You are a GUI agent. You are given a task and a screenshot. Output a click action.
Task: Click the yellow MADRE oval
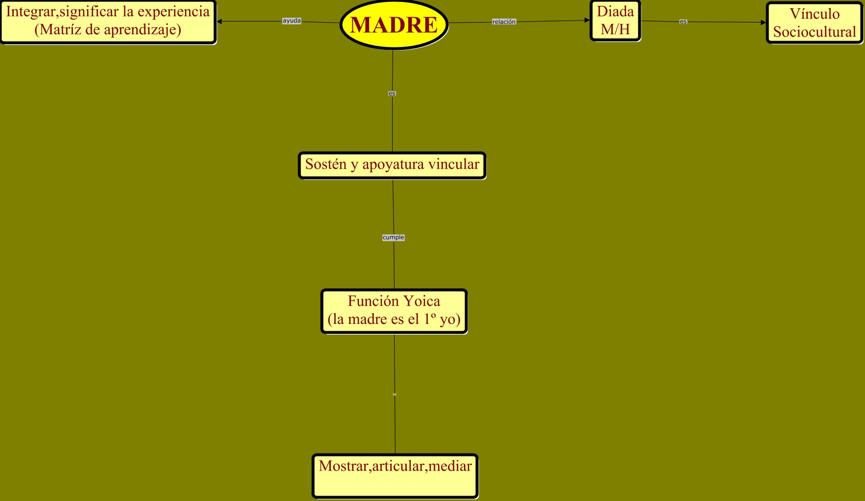pos(394,24)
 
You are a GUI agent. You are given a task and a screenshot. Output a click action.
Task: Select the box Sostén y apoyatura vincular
pos(392,165)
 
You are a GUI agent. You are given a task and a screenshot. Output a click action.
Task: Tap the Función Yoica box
pos(394,311)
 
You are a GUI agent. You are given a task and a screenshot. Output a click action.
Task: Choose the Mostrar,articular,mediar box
pos(395,476)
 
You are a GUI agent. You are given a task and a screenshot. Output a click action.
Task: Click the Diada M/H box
pos(615,21)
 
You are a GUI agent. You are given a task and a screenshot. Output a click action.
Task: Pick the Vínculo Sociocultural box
pos(815,23)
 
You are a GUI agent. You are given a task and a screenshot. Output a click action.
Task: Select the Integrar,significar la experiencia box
pos(108,22)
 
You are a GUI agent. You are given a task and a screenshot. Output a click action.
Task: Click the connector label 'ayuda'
pos(292,21)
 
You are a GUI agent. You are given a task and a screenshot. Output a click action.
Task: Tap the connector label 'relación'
pos(504,22)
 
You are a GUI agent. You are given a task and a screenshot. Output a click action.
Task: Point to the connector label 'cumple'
pos(394,237)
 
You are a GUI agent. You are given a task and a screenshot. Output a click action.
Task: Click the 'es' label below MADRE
pos(392,93)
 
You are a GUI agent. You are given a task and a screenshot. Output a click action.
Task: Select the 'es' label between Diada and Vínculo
pos(683,22)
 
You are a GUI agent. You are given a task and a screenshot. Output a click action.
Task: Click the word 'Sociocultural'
pos(815,32)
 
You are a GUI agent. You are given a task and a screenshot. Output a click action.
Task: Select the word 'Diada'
pos(615,12)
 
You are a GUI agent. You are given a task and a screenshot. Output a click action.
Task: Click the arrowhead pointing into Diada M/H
pos(587,21)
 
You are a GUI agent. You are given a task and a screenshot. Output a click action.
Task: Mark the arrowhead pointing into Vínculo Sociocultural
pos(763,23)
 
